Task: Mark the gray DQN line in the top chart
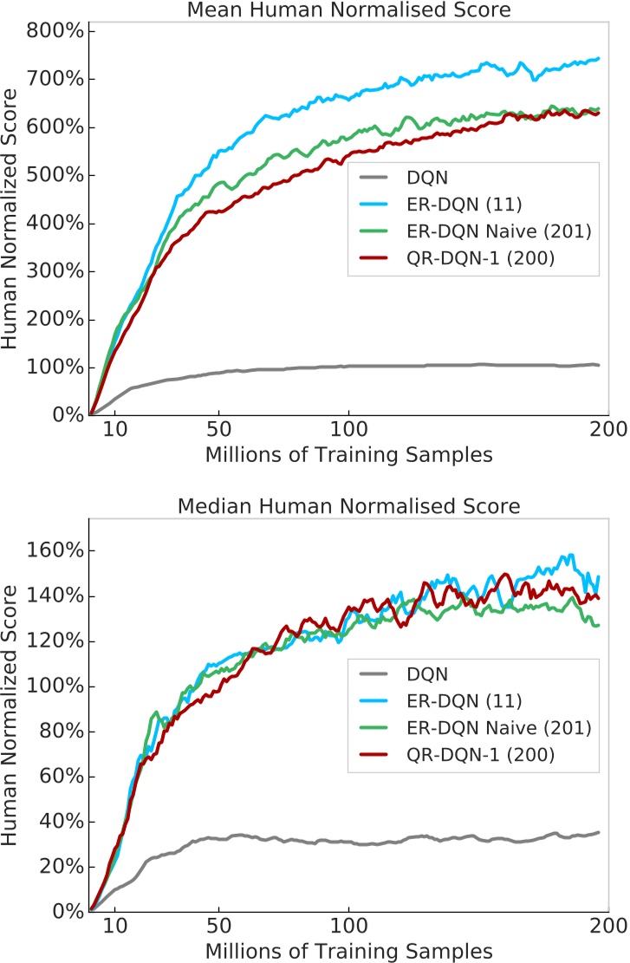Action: pyautogui.click(x=347, y=366)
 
